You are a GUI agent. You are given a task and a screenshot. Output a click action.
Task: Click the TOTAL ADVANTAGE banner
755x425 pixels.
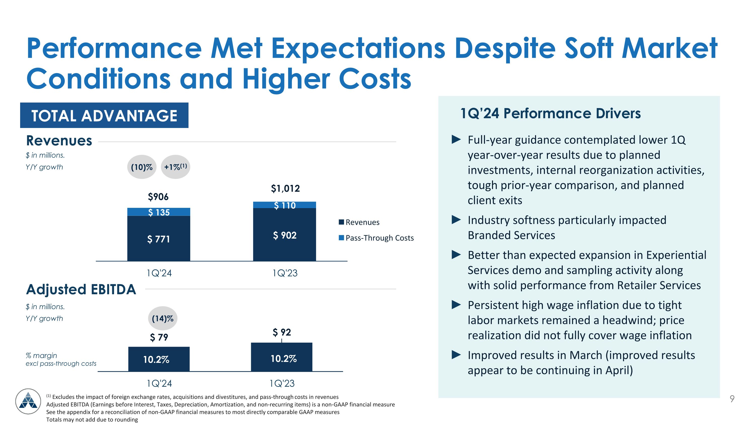(104, 115)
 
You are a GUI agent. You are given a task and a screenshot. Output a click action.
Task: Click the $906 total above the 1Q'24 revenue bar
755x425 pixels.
(158, 197)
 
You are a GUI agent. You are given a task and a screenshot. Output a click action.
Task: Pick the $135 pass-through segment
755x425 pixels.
(159, 212)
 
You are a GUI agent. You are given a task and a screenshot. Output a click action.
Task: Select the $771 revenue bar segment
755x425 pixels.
(159, 239)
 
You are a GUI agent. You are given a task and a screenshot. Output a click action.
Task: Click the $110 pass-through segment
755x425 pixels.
(285, 205)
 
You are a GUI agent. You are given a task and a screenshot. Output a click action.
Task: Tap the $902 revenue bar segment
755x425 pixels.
(285, 235)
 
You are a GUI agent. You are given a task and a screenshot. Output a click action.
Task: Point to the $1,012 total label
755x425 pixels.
(285, 188)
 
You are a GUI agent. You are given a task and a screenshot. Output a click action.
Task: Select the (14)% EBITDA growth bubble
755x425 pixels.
(163, 318)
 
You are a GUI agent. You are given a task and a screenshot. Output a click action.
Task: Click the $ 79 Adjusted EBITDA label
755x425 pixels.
(159, 337)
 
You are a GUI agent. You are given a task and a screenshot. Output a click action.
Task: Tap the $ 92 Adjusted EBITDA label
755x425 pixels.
(282, 332)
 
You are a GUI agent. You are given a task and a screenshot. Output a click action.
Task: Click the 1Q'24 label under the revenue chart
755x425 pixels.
(159, 273)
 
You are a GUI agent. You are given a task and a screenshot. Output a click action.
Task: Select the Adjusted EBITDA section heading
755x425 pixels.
(81, 289)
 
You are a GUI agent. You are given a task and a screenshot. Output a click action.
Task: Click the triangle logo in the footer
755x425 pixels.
(28, 401)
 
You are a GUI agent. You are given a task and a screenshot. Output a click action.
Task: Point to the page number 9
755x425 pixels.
(732, 399)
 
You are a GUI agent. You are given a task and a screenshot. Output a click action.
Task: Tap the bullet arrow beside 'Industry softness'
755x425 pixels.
(456, 219)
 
